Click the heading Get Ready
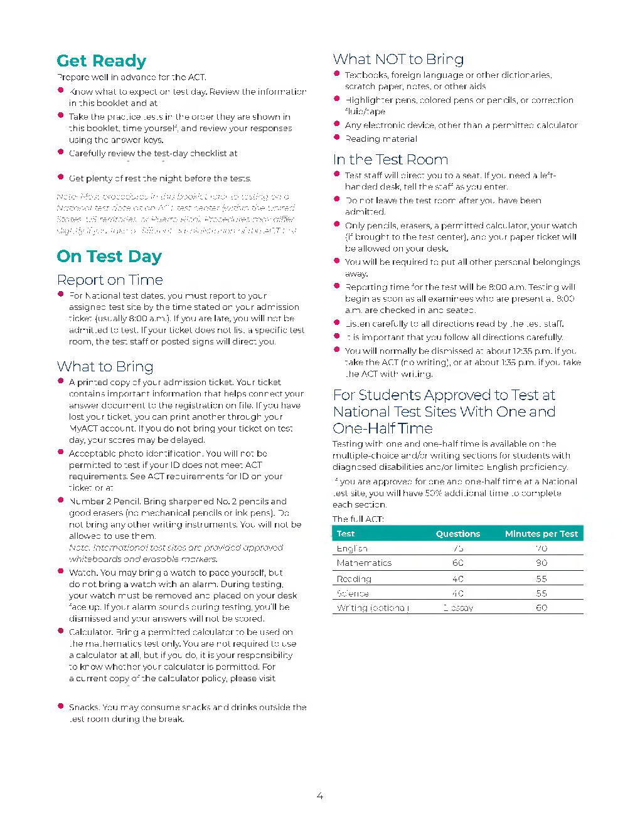click(101, 61)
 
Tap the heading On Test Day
click(109, 257)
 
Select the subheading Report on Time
click(110, 280)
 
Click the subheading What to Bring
click(105, 366)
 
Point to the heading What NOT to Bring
click(398, 59)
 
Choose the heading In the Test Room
click(390, 159)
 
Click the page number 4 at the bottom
click(319, 796)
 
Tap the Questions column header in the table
click(458, 534)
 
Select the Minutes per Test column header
click(541, 534)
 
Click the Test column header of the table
click(346, 534)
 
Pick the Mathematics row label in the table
click(364, 563)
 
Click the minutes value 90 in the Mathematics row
click(541, 563)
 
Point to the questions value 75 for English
click(458, 548)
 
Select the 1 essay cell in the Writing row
click(458, 608)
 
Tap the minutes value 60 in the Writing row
click(541, 608)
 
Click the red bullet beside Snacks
click(61, 706)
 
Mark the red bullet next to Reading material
click(337, 138)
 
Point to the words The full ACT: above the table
click(358, 519)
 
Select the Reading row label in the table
click(354, 579)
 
